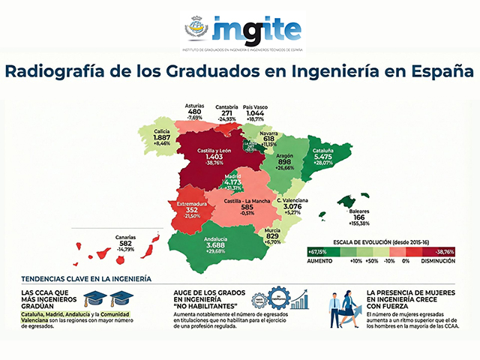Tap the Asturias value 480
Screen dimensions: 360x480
point(195,112)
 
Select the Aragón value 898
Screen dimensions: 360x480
point(284,161)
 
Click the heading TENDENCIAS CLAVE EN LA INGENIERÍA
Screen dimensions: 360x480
point(85,278)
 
